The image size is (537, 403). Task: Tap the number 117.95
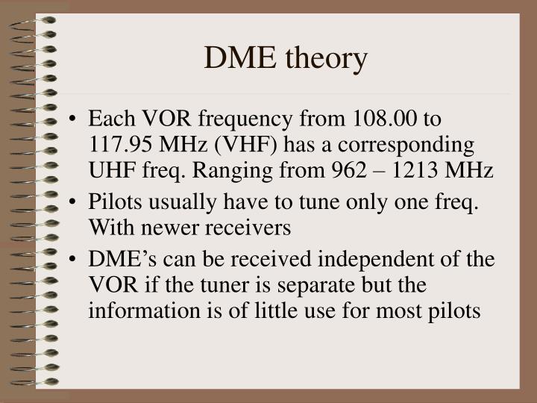[x=119, y=144]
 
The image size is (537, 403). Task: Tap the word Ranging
[x=228, y=169]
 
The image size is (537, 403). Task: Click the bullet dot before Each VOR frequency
[x=77, y=120]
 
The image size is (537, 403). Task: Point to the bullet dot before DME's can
[x=77, y=260]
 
